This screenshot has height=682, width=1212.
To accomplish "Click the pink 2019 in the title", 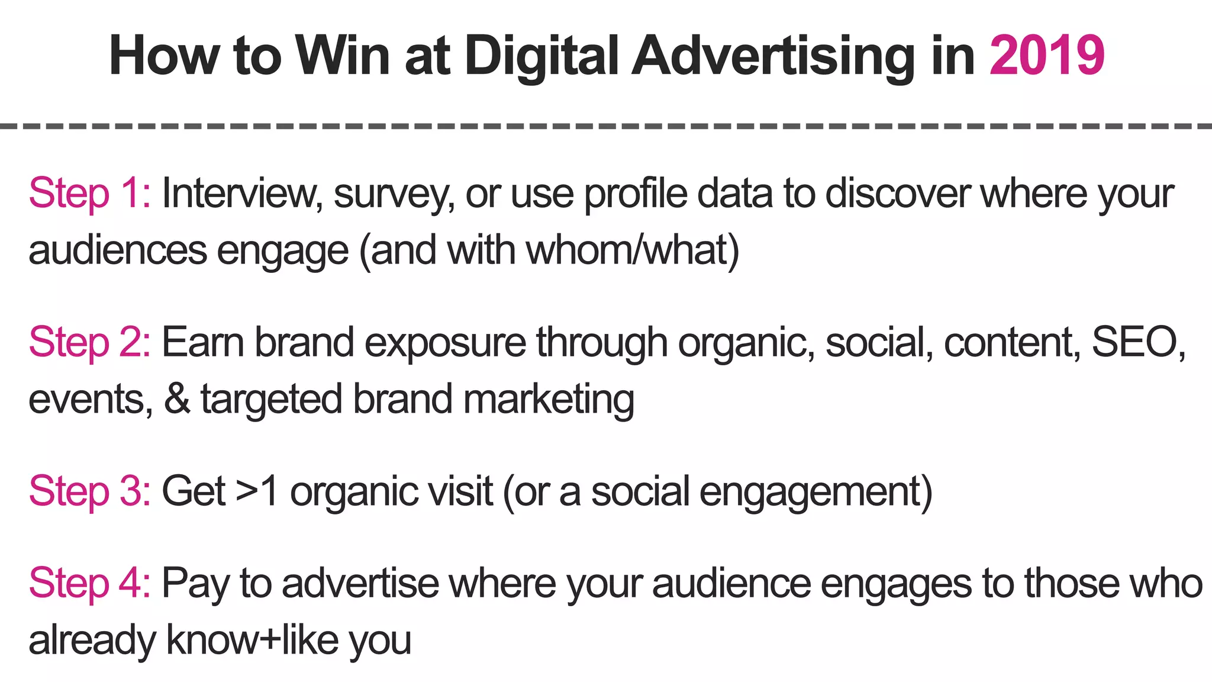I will click(1046, 56).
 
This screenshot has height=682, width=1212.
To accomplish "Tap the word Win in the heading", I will click(342, 56).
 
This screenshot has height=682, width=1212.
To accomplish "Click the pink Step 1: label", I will click(89, 194).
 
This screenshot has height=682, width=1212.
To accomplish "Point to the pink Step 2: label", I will click(89, 343).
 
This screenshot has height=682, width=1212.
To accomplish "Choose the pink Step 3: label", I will click(89, 491).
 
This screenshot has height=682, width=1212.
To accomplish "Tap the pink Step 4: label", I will click(89, 583).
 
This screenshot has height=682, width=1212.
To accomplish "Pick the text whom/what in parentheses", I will click(627, 250).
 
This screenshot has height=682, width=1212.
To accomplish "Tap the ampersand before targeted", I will click(177, 399).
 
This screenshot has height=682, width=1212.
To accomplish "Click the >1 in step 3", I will click(256, 491).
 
